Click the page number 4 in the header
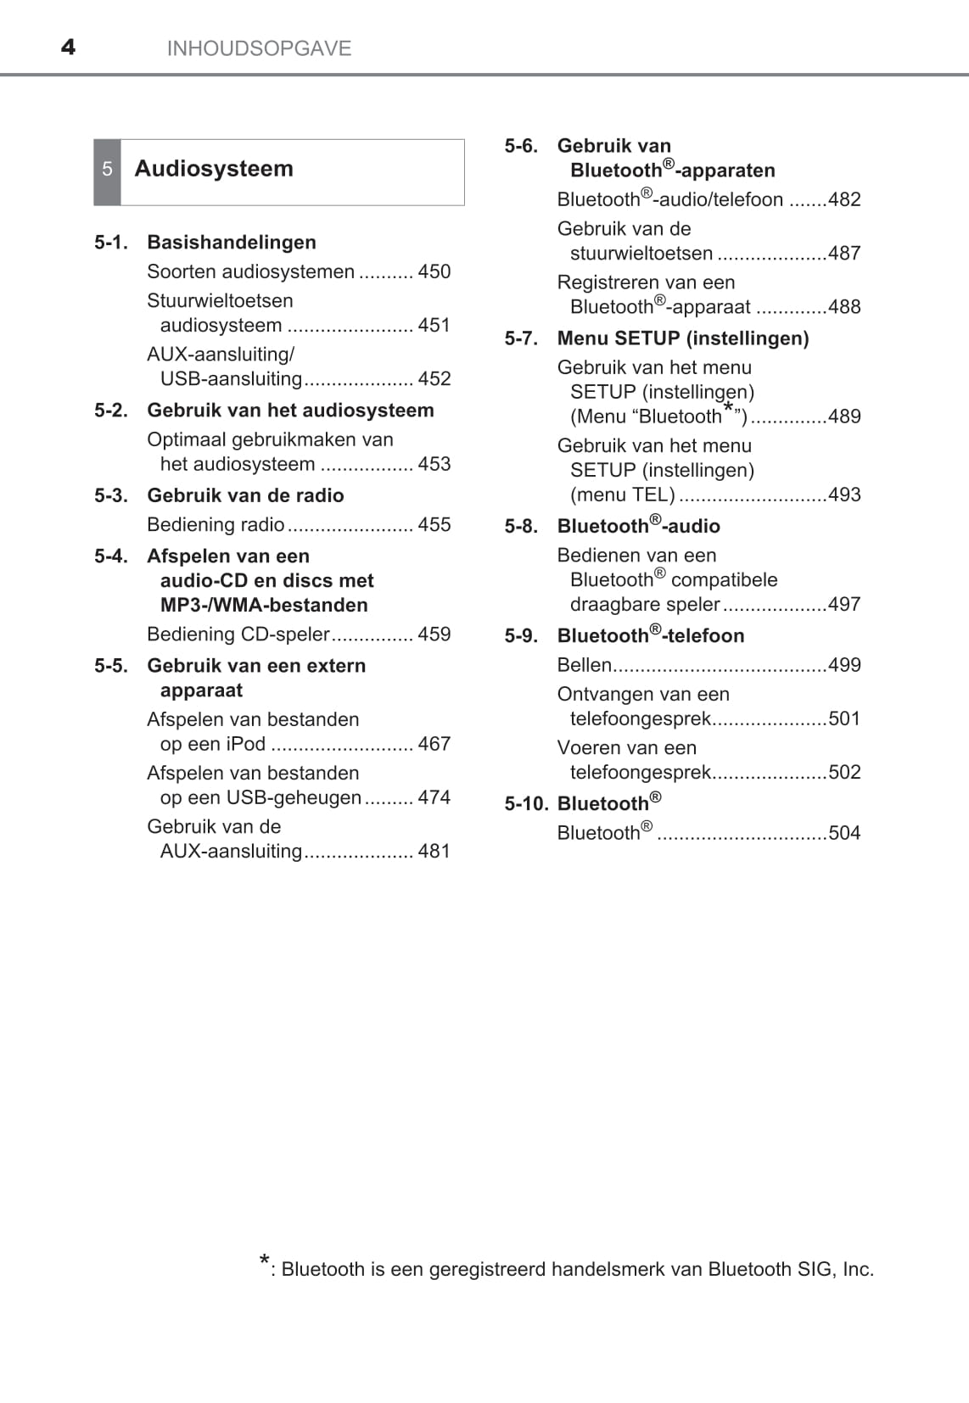68,48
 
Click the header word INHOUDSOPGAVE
259,48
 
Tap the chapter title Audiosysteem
214,169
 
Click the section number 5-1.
111,243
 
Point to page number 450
434,271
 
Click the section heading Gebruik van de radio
245,495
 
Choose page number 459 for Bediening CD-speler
434,634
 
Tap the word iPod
246,744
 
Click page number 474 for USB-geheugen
434,797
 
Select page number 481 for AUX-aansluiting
434,851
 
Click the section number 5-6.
521,146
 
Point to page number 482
844,199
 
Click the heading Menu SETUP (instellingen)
683,338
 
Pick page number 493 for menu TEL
844,495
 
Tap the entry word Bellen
584,665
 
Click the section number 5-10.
526,804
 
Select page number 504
844,833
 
